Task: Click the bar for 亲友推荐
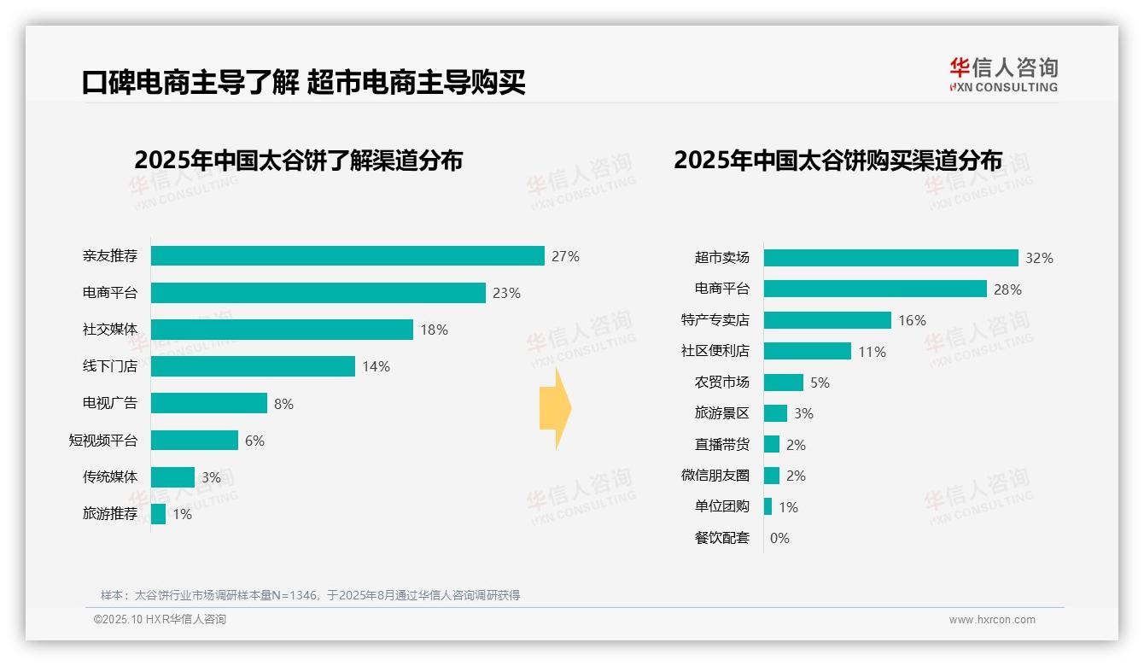coord(347,256)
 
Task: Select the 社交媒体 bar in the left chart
coord(282,330)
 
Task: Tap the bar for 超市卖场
coord(890,258)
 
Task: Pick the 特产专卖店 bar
coord(827,320)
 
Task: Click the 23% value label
coord(506,293)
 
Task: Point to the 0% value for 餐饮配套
coord(779,538)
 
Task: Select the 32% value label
coord(1039,258)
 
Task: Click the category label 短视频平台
coord(103,441)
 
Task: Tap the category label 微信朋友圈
coord(715,476)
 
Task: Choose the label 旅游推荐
coord(110,514)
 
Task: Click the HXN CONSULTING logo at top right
coord(1003,75)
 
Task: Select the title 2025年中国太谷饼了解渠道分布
coord(298,160)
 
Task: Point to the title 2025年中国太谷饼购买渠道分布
coord(838,160)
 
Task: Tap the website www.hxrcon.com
coord(992,620)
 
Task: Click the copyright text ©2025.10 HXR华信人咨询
coord(160,620)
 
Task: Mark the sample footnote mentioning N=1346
coord(310,595)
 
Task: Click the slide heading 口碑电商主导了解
coord(190,83)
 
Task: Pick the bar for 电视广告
coord(209,403)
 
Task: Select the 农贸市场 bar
coord(784,383)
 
